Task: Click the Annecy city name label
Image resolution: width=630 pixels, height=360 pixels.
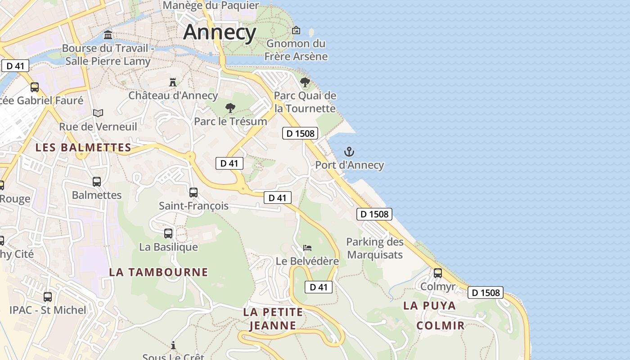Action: [x=220, y=32]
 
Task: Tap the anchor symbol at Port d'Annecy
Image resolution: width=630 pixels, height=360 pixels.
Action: [x=349, y=152]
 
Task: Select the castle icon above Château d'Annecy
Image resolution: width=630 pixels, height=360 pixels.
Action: [x=173, y=82]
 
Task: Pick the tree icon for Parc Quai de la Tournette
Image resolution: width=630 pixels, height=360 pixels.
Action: [x=305, y=82]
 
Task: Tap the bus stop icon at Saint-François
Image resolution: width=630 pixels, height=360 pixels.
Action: [x=193, y=193]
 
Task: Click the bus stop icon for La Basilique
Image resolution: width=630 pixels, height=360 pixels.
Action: [x=168, y=234]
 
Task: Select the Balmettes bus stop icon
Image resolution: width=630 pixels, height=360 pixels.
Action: [x=97, y=182]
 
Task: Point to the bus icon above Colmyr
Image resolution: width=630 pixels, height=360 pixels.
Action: [x=438, y=273]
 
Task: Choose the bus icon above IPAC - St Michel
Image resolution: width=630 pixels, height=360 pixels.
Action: [x=48, y=297]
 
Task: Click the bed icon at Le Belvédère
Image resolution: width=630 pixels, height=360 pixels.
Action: [x=307, y=247]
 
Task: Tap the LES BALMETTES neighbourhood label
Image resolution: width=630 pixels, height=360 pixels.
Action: [x=83, y=148]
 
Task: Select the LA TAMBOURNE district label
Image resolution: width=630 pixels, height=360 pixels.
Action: [x=158, y=272]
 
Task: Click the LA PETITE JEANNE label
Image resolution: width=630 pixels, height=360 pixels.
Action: [x=273, y=318]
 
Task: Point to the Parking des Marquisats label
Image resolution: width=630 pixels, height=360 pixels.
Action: [x=375, y=248]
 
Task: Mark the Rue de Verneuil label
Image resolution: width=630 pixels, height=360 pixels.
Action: [x=98, y=126]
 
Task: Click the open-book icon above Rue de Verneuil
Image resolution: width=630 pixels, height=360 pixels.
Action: [x=98, y=113]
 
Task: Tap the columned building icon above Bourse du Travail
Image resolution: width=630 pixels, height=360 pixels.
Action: [x=108, y=35]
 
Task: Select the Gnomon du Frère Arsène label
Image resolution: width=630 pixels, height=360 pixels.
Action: [x=296, y=50]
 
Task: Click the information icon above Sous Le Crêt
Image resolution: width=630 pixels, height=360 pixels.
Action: [x=173, y=345]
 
